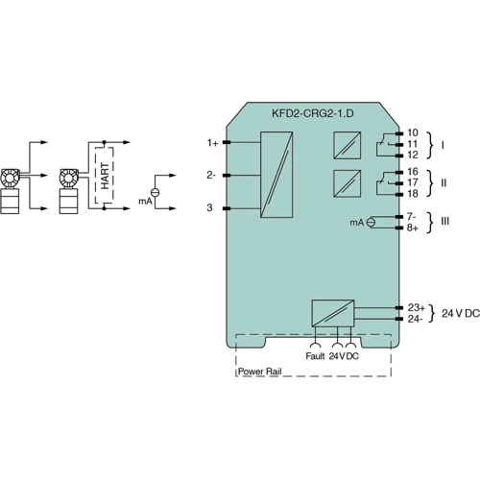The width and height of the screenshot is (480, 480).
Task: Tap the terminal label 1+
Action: (212, 143)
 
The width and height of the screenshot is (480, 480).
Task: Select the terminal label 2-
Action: (211, 175)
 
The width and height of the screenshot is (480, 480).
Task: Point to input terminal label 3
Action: (210, 207)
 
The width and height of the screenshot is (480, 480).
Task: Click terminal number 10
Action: (413, 132)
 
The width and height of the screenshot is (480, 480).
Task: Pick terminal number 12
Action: (413, 155)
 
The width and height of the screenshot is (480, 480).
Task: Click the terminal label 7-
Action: (411, 216)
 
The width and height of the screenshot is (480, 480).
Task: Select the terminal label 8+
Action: (412, 228)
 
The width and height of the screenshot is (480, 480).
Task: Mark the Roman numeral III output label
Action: (444, 222)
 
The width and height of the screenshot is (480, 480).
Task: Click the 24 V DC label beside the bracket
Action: (460, 314)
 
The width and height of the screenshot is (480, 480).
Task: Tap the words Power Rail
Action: (259, 369)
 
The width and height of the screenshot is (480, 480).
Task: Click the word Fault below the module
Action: (315, 356)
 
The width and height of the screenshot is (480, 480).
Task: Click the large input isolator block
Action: (276, 175)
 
